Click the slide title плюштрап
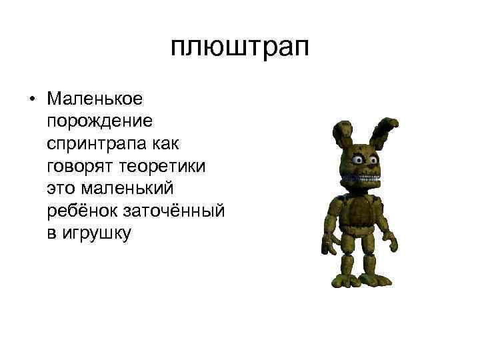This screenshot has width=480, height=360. (239, 47)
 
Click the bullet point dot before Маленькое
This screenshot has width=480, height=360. (31, 99)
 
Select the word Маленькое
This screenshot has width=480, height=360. (94, 99)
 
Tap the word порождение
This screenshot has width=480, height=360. (99, 121)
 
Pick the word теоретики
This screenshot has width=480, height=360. (167, 165)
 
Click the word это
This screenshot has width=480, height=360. (60, 188)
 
